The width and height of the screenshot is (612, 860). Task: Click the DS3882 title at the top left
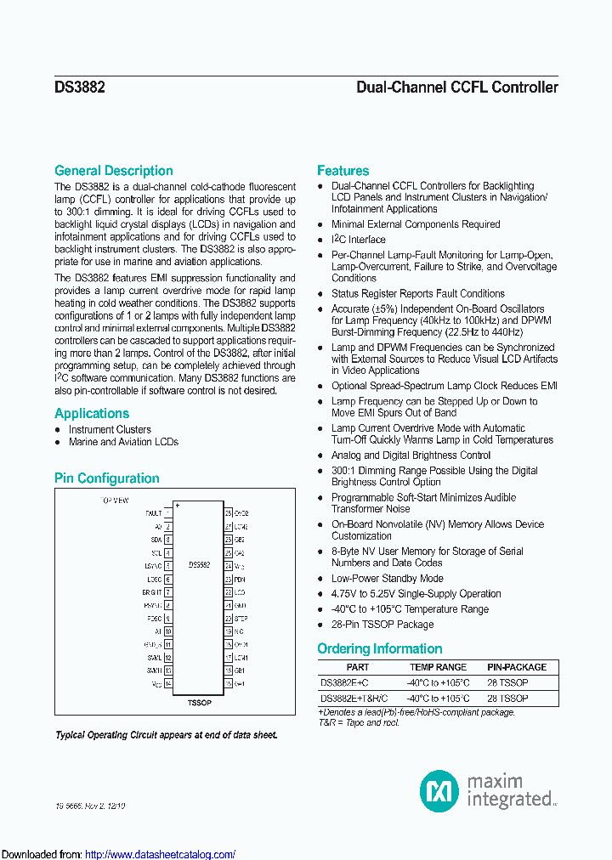click(80, 87)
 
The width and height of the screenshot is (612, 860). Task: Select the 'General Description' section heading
click(114, 171)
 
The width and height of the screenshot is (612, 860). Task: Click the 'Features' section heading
click(343, 171)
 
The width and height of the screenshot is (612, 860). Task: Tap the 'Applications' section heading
click(92, 414)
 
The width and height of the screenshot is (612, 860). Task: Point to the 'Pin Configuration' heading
click(107, 478)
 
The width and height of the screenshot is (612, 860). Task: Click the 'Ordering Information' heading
click(380, 649)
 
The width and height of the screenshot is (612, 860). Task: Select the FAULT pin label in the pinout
click(153, 513)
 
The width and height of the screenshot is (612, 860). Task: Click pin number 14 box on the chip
click(168, 684)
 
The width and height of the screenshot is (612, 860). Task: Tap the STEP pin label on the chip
click(241, 619)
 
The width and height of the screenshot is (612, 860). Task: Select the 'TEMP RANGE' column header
click(438, 668)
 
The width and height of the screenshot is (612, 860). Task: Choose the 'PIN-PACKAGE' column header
click(517, 668)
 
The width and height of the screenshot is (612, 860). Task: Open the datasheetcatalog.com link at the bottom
click(161, 854)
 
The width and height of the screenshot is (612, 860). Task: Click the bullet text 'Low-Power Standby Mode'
click(388, 579)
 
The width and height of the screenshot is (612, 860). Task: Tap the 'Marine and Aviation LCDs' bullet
click(124, 442)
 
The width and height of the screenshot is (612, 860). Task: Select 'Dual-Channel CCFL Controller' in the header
click(457, 87)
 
